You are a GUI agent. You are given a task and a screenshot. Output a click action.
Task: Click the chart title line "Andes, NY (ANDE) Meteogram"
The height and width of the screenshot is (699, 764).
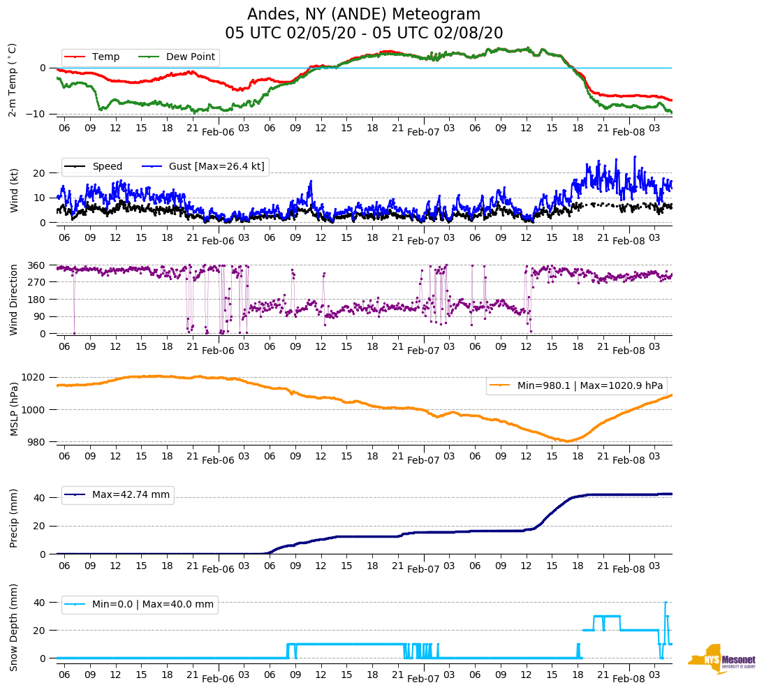click(x=364, y=15)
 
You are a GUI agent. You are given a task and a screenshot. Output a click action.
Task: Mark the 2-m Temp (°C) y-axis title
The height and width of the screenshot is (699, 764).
click(x=13, y=79)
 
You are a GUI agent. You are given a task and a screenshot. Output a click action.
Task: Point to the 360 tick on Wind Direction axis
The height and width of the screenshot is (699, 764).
click(x=36, y=265)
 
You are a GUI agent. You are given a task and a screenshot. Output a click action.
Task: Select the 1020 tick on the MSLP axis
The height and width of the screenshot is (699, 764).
click(x=34, y=377)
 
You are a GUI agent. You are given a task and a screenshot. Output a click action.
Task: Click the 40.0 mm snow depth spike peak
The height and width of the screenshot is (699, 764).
click(x=666, y=602)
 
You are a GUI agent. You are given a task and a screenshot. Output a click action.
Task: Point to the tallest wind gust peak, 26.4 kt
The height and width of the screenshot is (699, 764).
click(x=635, y=156)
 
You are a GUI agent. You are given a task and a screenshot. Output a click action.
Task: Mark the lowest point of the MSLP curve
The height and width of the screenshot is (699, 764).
click(x=568, y=441)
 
